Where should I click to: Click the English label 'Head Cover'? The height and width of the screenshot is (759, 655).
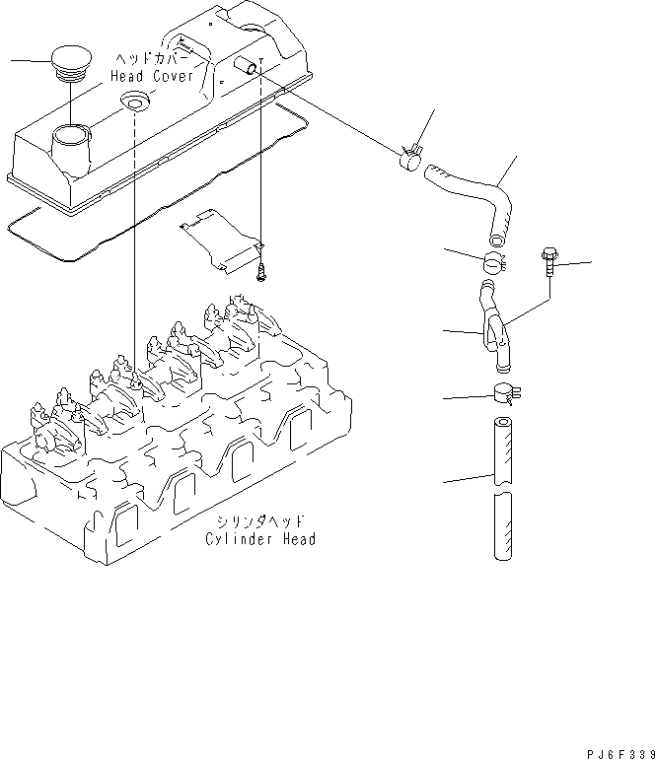[160, 76]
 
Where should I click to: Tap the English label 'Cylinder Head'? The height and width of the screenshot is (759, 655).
[260, 539]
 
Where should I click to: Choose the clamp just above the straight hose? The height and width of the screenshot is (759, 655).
[505, 396]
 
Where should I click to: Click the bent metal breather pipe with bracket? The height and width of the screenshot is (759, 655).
[492, 325]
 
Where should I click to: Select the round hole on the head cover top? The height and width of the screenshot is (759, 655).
[132, 101]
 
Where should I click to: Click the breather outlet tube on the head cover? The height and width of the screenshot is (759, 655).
[247, 66]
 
